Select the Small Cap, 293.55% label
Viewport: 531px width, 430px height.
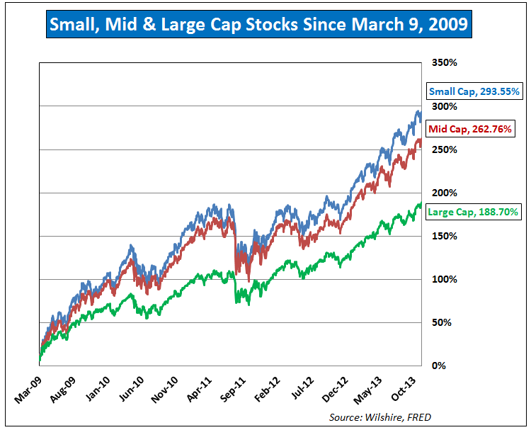pos(474,91)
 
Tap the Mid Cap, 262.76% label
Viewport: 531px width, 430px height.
pos(469,129)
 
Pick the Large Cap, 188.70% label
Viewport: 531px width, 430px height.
pos(474,211)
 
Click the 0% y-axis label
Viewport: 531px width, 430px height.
pos(439,366)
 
